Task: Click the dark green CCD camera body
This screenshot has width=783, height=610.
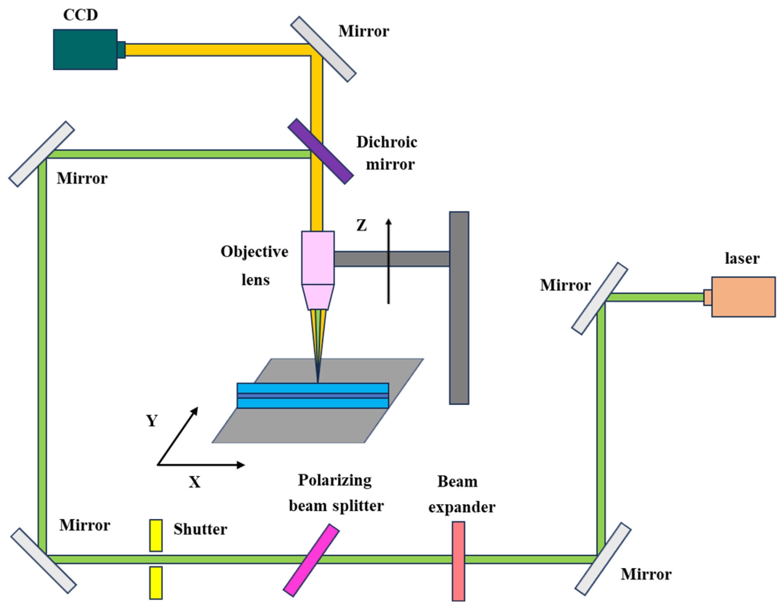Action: [85, 49]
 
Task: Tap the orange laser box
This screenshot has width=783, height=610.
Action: [743, 297]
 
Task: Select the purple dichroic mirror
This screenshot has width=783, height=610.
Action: [321, 151]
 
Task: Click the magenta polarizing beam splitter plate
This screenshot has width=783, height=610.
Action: [311, 560]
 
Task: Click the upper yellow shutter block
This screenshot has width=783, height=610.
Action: [156, 535]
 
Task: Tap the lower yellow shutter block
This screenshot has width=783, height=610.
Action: [156, 583]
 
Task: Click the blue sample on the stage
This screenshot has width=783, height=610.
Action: [312, 396]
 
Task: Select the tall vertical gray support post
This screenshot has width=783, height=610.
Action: [459, 308]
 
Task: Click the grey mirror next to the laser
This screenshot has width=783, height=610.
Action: [599, 299]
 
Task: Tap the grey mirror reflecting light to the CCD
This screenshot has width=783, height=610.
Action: [323, 49]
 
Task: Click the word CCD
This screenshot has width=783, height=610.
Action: [81, 15]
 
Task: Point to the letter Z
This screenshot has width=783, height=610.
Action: [361, 225]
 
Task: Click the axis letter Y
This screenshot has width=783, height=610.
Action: [151, 421]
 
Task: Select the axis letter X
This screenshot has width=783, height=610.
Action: [194, 482]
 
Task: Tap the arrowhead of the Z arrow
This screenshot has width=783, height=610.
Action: [389, 222]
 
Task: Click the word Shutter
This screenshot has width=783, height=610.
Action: [200, 529]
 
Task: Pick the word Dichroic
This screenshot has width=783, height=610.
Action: [387, 142]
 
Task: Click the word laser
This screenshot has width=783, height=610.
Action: [742, 258]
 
